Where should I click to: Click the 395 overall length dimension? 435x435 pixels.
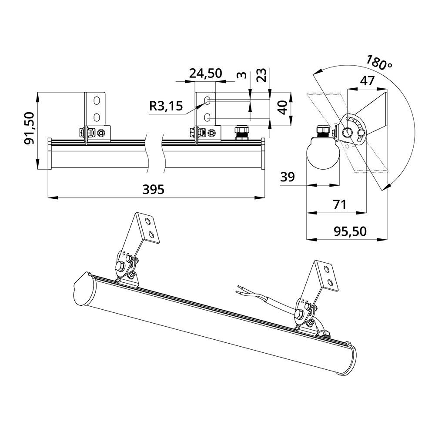(154, 190)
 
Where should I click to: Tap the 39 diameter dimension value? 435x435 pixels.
(288, 177)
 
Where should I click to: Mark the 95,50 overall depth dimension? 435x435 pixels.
(350, 231)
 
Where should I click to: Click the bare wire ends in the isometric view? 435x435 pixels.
(240, 289)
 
